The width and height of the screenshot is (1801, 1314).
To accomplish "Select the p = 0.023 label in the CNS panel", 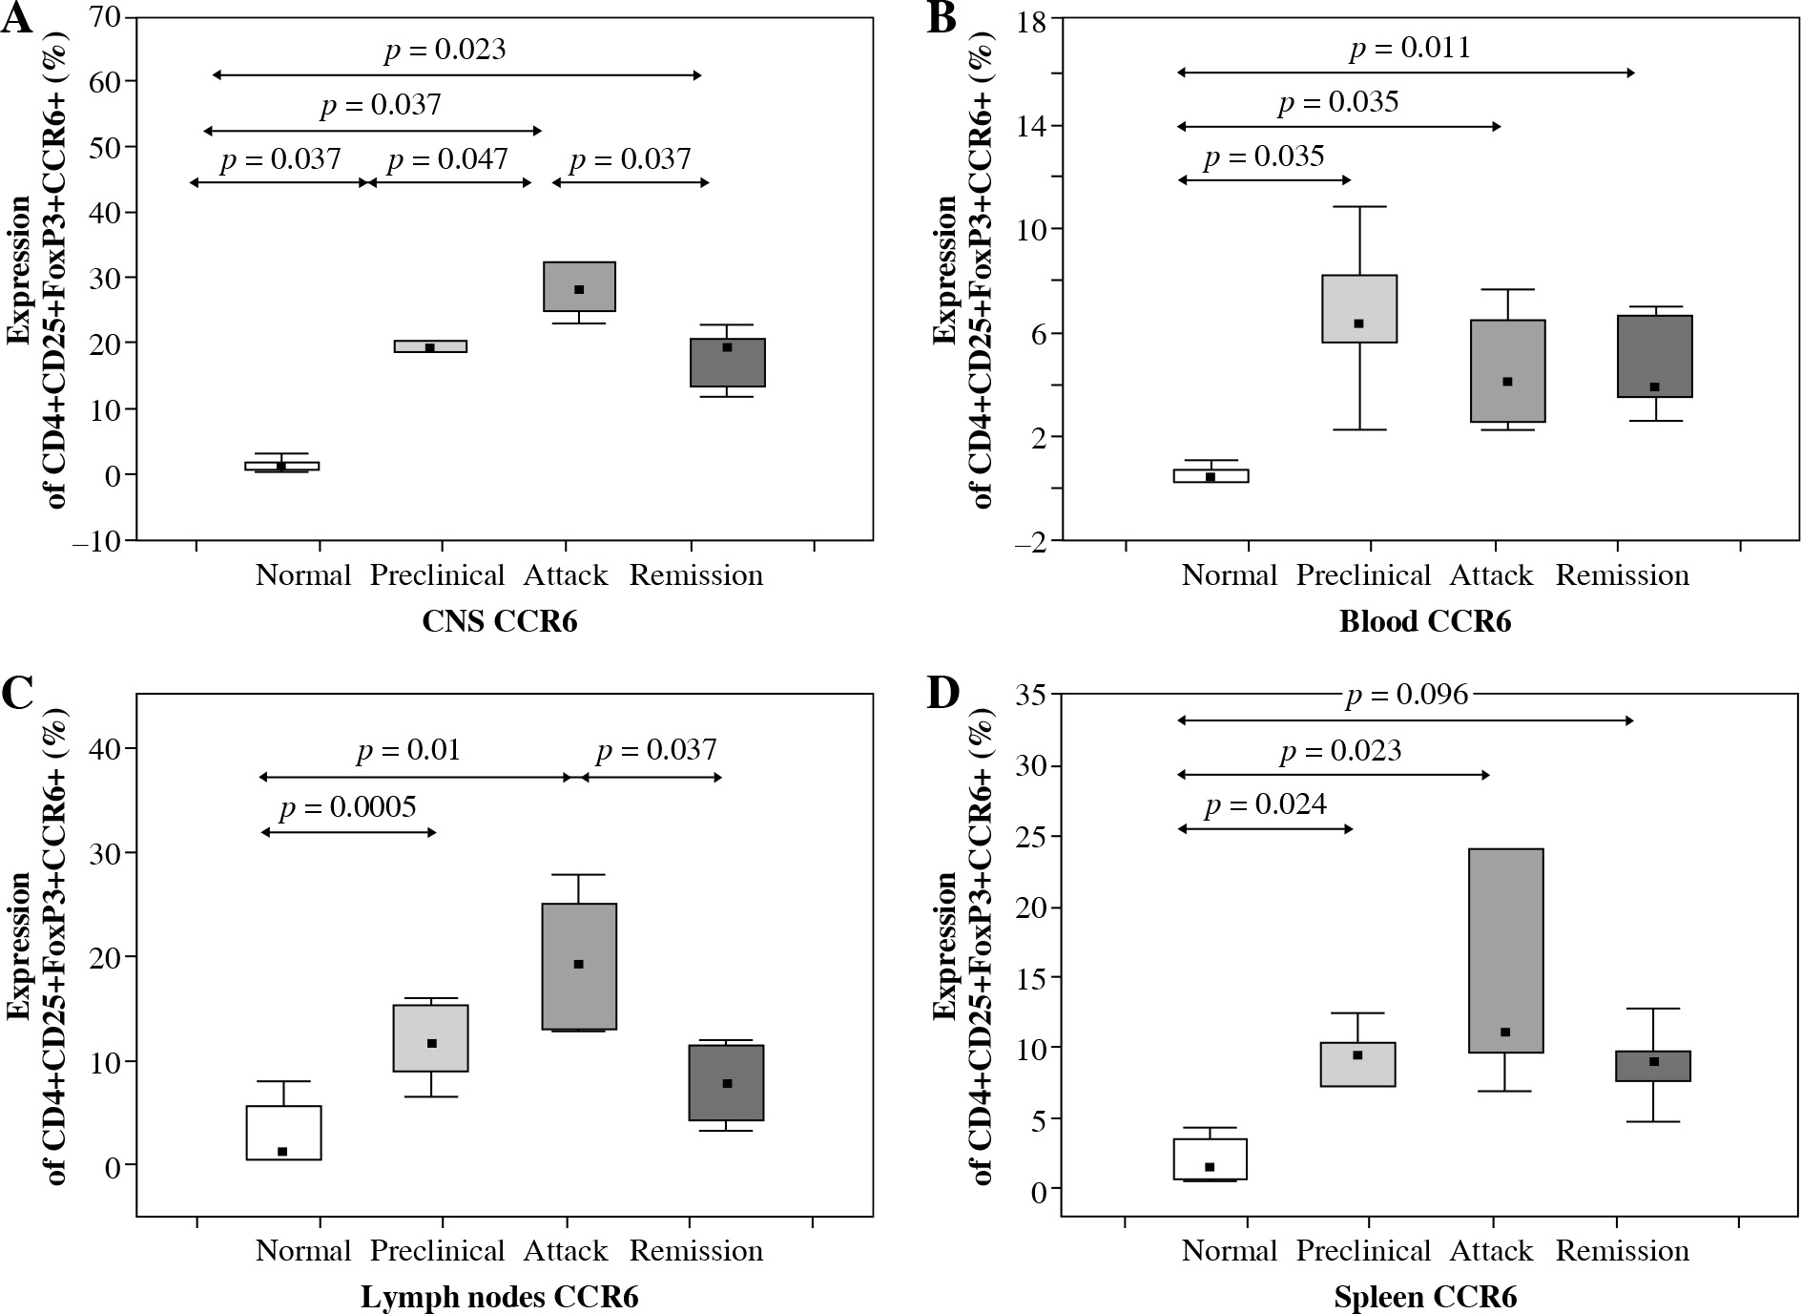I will pyautogui.click(x=445, y=50).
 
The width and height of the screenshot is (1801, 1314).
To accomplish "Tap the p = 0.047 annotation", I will pyautogui.click(x=447, y=158).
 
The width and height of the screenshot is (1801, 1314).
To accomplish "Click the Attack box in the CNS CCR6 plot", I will pyautogui.click(x=579, y=286).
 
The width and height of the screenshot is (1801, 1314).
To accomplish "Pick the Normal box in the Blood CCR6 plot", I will pyautogui.click(x=1211, y=475).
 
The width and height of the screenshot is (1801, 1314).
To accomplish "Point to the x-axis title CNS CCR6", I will pyautogui.click(x=500, y=622).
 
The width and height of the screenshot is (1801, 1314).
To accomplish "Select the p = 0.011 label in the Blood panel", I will pyautogui.click(x=1409, y=48).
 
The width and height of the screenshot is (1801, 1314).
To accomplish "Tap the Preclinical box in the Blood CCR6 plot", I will pyautogui.click(x=1359, y=308).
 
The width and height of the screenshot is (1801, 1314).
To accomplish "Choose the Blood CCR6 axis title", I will pyautogui.click(x=1425, y=622).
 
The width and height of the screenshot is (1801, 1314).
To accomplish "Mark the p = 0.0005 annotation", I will pyautogui.click(x=347, y=808).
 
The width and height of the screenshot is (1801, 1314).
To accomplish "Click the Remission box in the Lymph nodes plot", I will pyautogui.click(x=727, y=1082).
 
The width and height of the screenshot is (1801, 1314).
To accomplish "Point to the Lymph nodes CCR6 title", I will pyautogui.click(x=500, y=1298).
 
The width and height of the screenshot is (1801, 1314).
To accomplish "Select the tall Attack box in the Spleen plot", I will pyautogui.click(x=1506, y=950).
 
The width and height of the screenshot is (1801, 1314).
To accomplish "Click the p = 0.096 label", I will pyautogui.click(x=1407, y=696).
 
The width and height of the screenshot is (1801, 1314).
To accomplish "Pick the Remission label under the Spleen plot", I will pyautogui.click(x=1622, y=1250).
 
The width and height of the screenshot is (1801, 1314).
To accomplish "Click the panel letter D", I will pyautogui.click(x=943, y=694).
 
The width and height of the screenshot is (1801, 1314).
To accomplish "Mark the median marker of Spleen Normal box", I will pyautogui.click(x=1210, y=1166).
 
